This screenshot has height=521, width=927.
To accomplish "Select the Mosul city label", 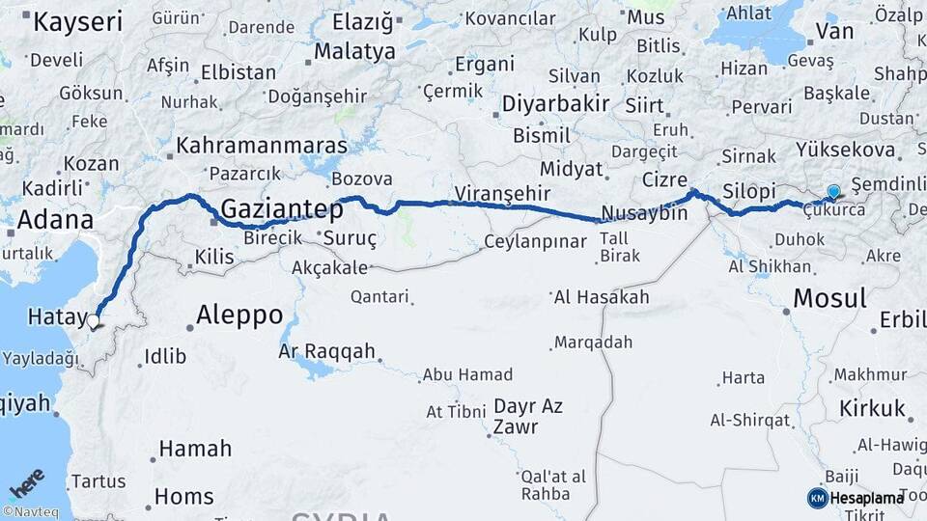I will tap(829, 298).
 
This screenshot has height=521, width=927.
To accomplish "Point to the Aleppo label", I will tap(239, 315).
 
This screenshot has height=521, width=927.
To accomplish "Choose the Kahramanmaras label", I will tap(261, 146).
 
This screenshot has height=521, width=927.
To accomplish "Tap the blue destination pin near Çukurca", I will tap(833, 193).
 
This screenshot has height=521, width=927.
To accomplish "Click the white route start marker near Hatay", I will tap(95, 322).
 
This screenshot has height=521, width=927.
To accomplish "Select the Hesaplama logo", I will tap(856, 498).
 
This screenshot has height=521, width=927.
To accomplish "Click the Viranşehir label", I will tap(502, 194).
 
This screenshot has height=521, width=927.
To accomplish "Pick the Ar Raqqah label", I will tap(326, 351).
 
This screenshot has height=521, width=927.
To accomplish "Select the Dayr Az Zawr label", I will tap(528, 416).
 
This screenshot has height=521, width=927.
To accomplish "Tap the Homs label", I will tap(184, 497).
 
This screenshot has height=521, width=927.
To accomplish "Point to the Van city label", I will tap(834, 31).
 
